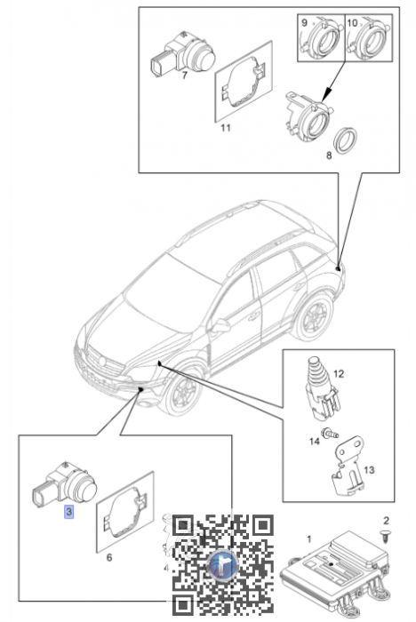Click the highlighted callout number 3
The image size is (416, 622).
(x=69, y=512)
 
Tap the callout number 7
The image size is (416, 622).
(x=184, y=75)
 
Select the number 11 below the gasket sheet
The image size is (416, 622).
(x=226, y=128)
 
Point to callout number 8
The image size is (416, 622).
(x=329, y=155)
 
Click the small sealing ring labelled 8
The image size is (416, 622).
(x=347, y=140)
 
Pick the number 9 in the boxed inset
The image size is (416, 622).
(x=305, y=22)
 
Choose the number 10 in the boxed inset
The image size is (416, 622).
(x=352, y=22)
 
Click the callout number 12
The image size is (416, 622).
(x=339, y=374)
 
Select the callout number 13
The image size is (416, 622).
(x=369, y=470)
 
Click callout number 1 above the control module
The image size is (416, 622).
(x=309, y=539)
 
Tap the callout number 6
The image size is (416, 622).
(x=109, y=557)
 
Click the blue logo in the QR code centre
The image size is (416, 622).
(x=223, y=565)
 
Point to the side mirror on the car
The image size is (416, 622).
(x=220, y=326)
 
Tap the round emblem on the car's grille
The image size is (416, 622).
(x=102, y=362)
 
